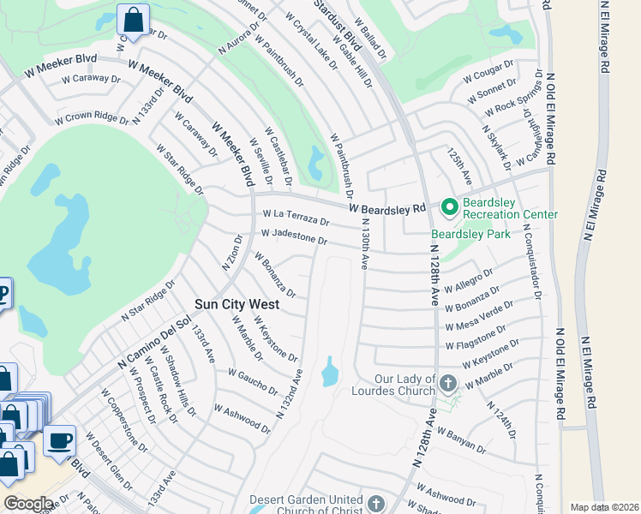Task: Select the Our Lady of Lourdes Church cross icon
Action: tap(448, 380)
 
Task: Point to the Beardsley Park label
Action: tap(470, 234)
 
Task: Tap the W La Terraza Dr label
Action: tap(295, 214)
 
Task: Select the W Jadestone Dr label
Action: tap(294, 235)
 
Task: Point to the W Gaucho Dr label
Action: tap(253, 382)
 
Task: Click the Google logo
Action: tap(28, 504)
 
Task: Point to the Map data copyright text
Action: tap(603, 507)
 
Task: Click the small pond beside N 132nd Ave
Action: tap(329, 372)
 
